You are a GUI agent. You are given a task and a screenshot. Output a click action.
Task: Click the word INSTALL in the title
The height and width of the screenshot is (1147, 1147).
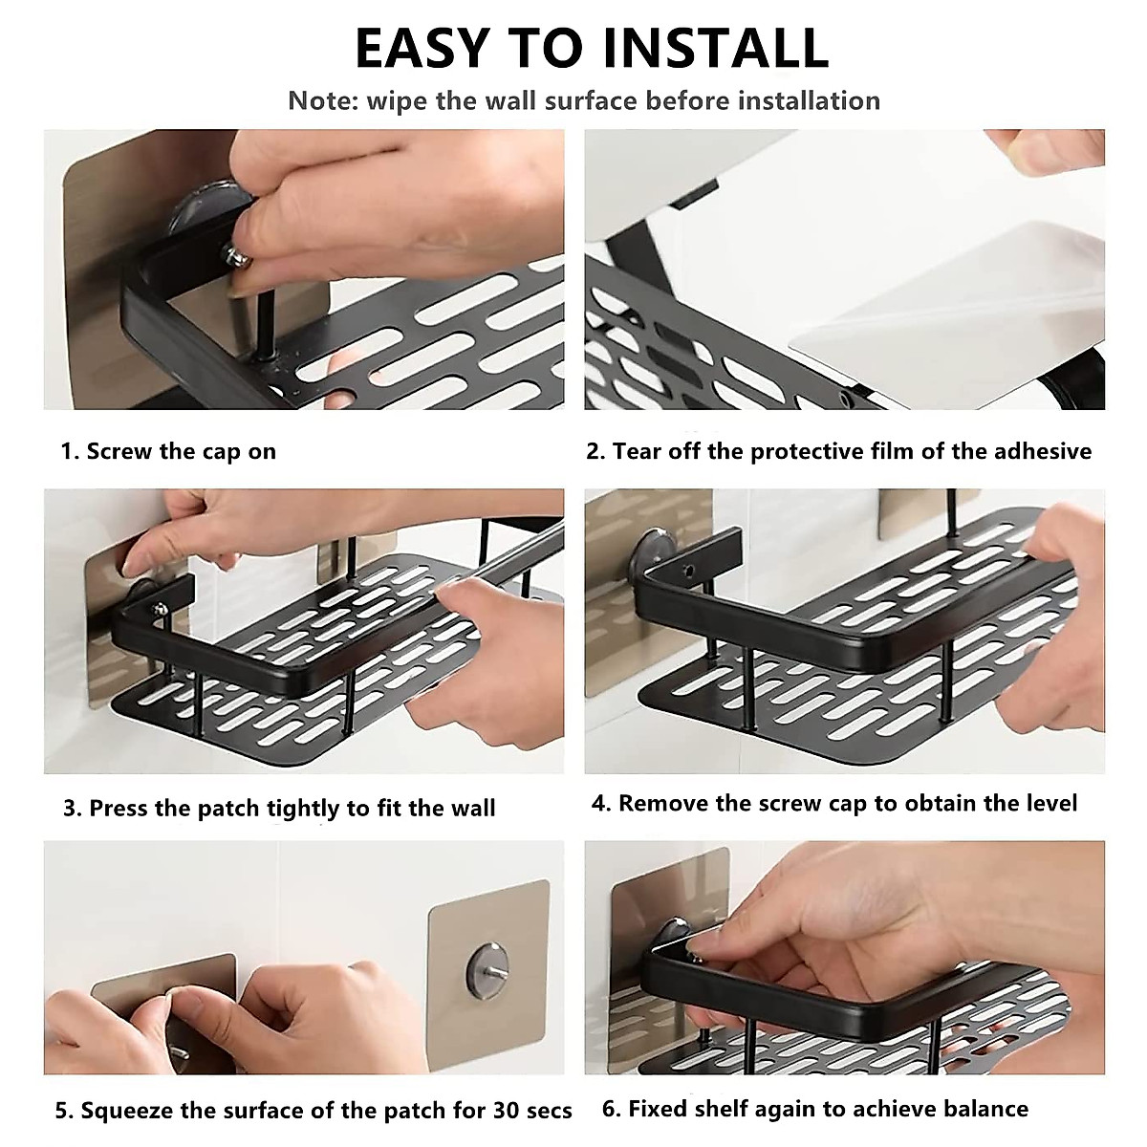(716, 48)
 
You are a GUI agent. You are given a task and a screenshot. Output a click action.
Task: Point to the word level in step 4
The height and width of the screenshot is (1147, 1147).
(1052, 803)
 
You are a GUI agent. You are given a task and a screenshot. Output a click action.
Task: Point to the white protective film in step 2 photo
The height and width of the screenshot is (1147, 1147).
(946, 315)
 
